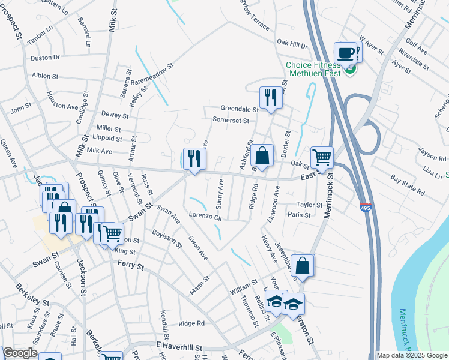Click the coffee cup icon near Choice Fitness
coord(346,52)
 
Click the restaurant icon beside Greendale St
coord(271,97)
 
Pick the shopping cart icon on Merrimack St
coord(322,158)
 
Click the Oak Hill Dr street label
coord(292,44)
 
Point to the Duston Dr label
coord(46,58)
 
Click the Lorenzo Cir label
coord(206,215)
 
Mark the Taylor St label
coord(309,205)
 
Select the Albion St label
coord(45,76)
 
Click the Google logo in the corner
coord(19,353)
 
